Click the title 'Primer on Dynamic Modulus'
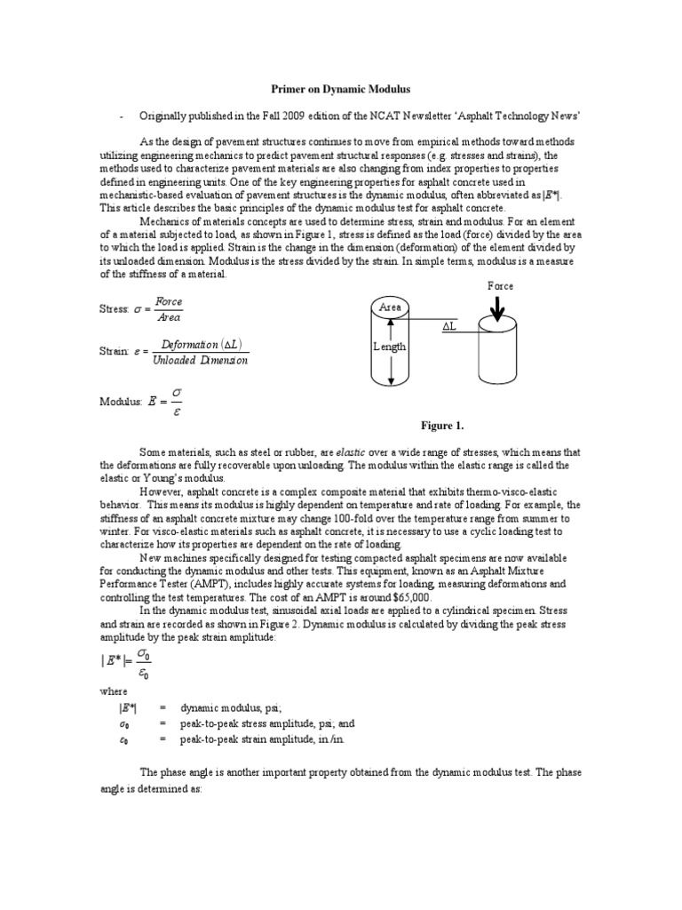pyautogui.click(x=340, y=91)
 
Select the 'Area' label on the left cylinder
pyautogui.click(x=391, y=307)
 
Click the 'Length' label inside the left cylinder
pyautogui.click(x=390, y=347)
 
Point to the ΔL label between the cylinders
pyautogui.click(x=449, y=327)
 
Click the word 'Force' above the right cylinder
pyautogui.click(x=501, y=286)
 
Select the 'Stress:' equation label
pyautogui.click(x=115, y=310)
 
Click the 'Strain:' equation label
pyautogui.click(x=114, y=351)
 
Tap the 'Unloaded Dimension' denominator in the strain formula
pyautogui.click(x=201, y=360)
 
